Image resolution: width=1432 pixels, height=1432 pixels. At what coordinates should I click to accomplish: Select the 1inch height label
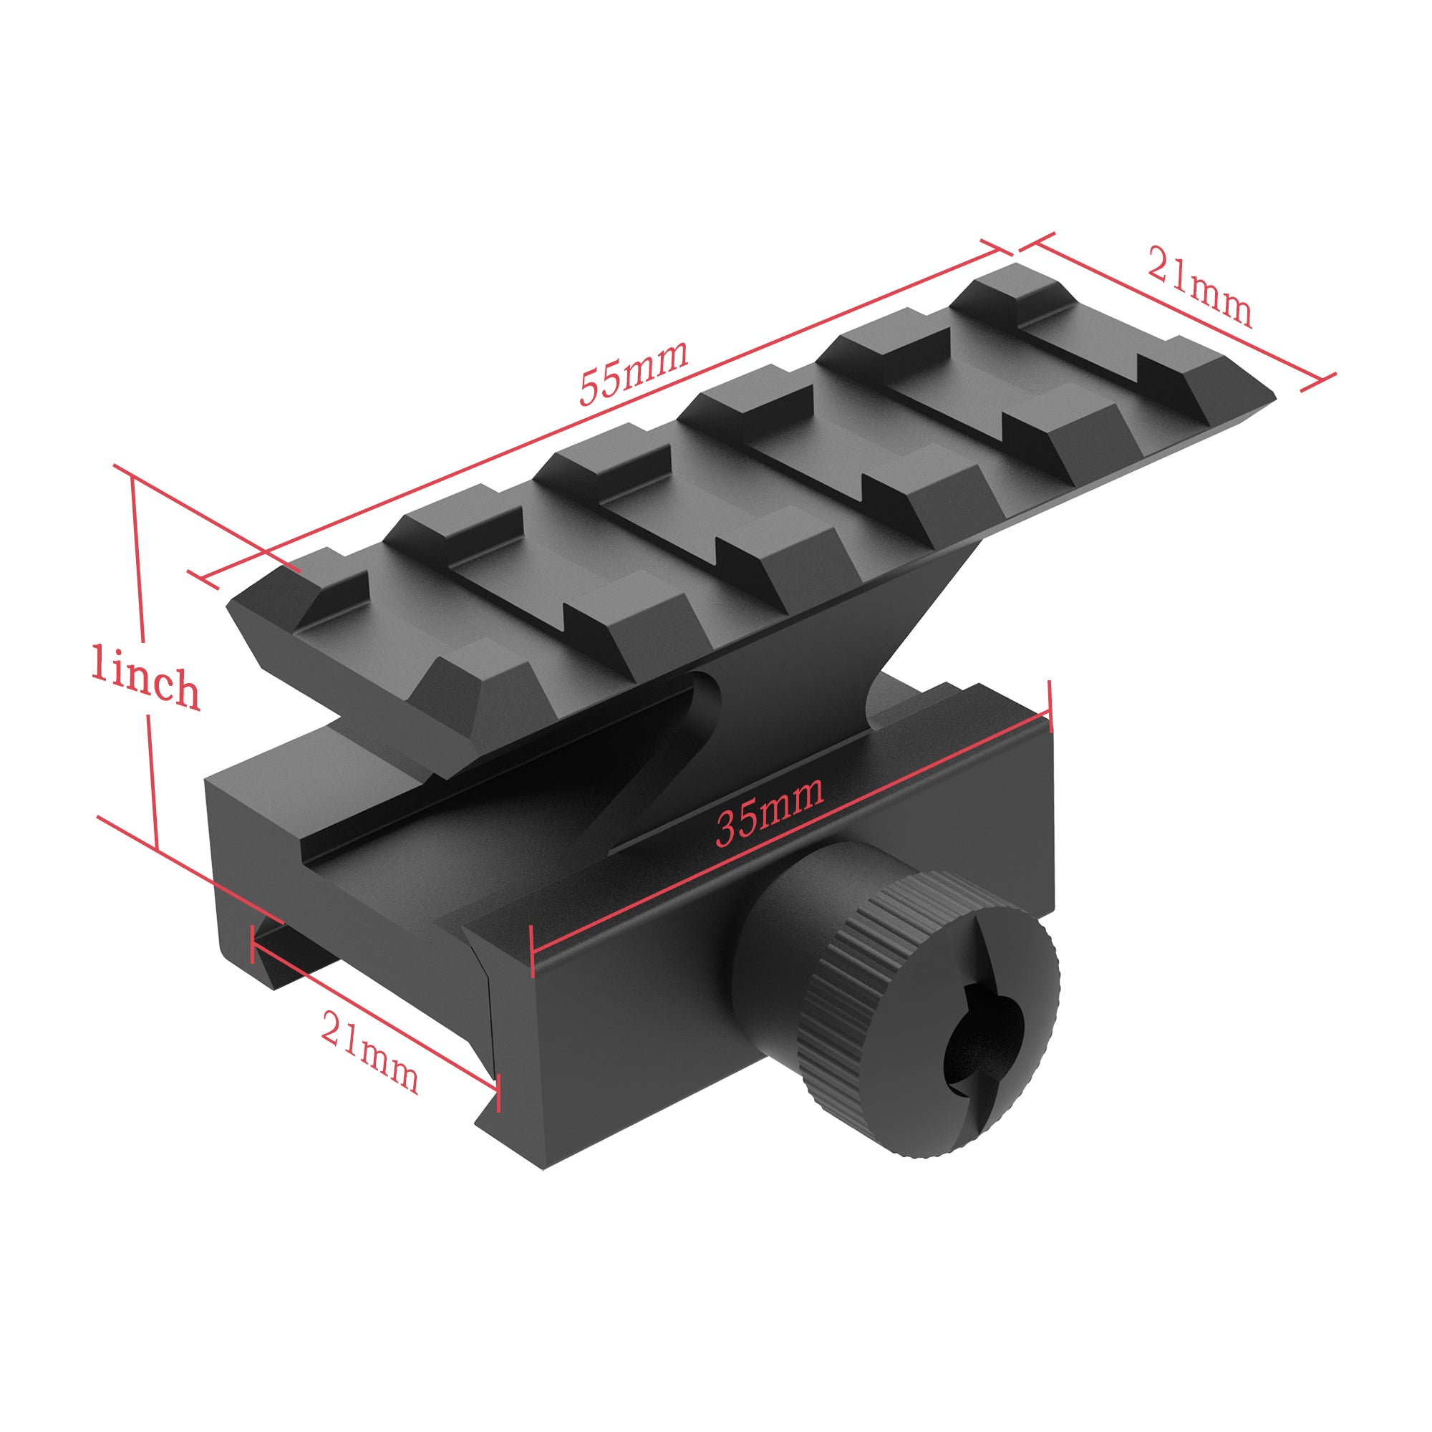pos(145,676)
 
